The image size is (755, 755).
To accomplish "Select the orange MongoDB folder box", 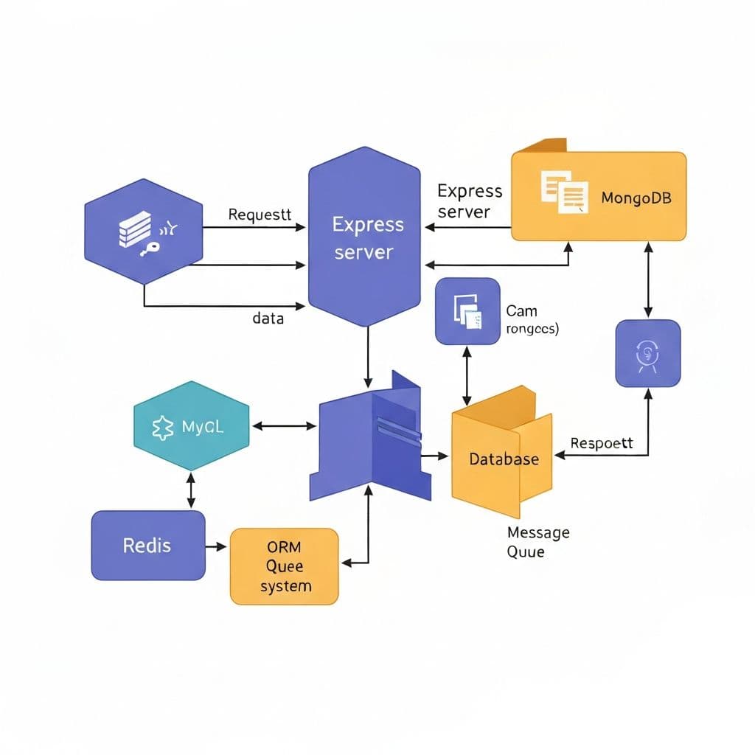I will [x=599, y=195].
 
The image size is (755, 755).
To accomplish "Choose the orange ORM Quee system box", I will [x=285, y=566].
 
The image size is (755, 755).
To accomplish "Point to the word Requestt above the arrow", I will [x=260, y=215].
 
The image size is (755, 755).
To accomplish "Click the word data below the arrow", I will [x=268, y=319].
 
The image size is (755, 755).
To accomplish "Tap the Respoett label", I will [x=602, y=443].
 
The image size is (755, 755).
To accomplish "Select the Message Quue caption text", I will [x=537, y=541].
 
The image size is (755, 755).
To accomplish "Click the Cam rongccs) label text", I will [x=532, y=320].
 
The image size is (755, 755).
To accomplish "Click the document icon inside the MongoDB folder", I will [x=564, y=191].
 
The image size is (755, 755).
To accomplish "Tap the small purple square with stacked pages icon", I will [x=467, y=311].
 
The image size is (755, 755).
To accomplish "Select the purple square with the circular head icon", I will [x=647, y=352].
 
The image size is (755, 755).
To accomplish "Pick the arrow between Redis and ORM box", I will [x=216, y=546].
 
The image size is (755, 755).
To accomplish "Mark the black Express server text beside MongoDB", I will [x=469, y=201].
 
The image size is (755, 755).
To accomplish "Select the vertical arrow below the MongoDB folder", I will [x=647, y=280].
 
